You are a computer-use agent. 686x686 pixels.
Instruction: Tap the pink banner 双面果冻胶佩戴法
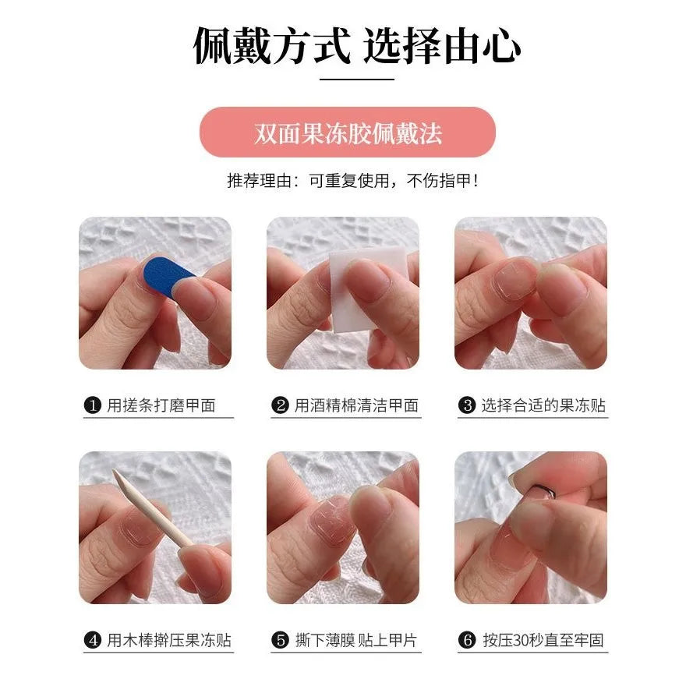point(348,133)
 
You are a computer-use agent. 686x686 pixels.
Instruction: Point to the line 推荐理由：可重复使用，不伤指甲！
point(352,181)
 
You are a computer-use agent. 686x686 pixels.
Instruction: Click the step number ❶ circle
point(93,405)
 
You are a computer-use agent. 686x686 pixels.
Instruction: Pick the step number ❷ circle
point(281,405)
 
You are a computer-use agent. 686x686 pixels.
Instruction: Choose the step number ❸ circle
point(468,405)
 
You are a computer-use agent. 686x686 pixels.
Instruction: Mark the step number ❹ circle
point(93,641)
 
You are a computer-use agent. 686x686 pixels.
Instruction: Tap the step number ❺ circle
point(281,641)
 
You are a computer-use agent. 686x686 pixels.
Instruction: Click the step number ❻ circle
point(468,641)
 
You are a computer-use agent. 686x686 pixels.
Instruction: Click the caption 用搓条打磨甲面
point(161,405)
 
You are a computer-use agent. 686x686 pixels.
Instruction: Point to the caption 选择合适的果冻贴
point(543,405)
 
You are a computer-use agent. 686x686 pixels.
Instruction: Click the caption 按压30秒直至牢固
point(543,641)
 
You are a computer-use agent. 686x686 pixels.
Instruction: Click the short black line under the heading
point(357,79)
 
